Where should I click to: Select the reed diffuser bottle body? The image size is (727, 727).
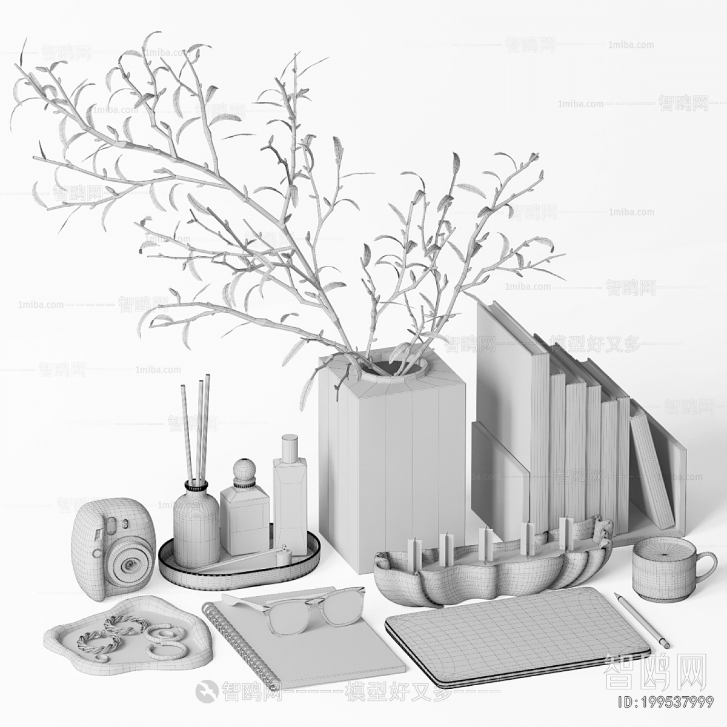tap(196, 534)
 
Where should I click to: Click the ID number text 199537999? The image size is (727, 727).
tap(664, 703)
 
